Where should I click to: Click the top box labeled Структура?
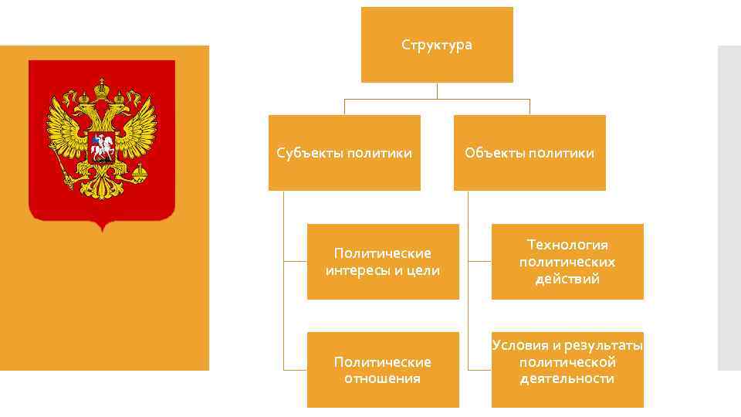(x=437, y=45)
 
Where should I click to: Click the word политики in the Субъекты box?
(x=382, y=153)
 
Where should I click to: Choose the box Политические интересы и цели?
(x=383, y=262)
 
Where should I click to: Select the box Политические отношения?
(x=383, y=370)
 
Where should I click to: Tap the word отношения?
(x=383, y=379)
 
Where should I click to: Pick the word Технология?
(x=567, y=245)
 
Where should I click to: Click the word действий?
(x=567, y=279)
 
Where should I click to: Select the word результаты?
(x=604, y=345)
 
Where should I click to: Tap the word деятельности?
(x=567, y=379)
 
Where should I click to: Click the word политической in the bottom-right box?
(x=567, y=362)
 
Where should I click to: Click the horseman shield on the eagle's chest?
(x=102, y=147)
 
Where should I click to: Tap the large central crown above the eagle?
(x=102, y=87)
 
